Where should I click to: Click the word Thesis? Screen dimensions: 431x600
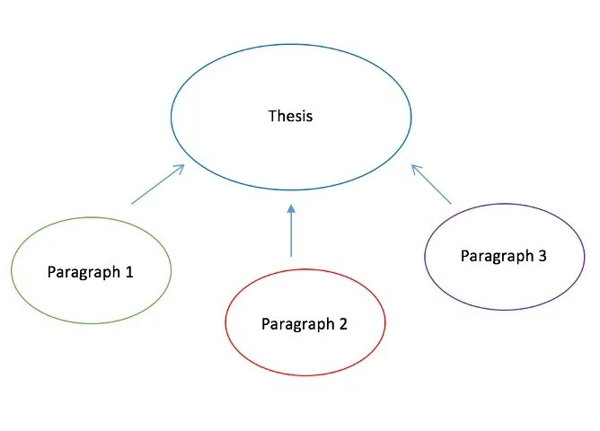pyautogui.click(x=291, y=116)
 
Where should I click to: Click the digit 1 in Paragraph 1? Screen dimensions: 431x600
pyautogui.click(x=129, y=271)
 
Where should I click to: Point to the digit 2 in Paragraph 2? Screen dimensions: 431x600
pyautogui.click(x=343, y=324)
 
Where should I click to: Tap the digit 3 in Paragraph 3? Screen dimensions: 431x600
pyautogui.click(x=542, y=256)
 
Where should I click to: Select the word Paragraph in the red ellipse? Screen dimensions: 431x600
pyautogui.click(x=297, y=324)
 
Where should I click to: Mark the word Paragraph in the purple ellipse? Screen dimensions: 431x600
pyautogui.click(x=497, y=256)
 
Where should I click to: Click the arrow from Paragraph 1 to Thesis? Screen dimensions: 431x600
pyautogui.click(x=158, y=184)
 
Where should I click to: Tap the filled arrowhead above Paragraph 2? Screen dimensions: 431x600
pyautogui.click(x=291, y=210)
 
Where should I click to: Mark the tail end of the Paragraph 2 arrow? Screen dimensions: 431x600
pyautogui.click(x=291, y=257)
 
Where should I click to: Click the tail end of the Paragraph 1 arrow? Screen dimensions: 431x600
pyautogui.click(x=132, y=204)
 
